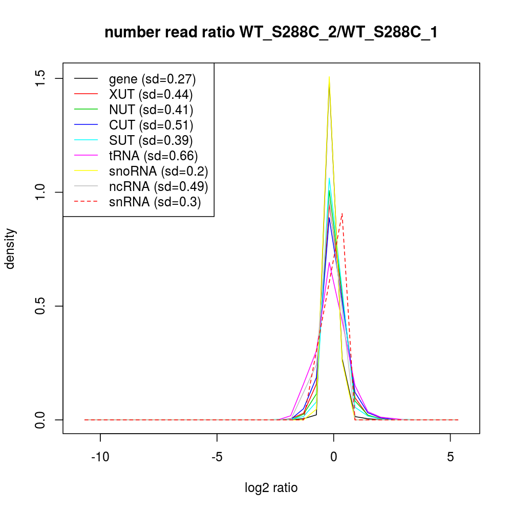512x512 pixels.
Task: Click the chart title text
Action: click(x=271, y=33)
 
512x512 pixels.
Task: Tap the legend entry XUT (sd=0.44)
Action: click(x=151, y=94)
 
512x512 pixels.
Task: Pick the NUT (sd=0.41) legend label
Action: click(x=151, y=110)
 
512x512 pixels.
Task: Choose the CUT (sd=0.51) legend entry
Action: click(x=151, y=125)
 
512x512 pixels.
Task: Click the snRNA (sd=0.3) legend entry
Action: click(x=155, y=202)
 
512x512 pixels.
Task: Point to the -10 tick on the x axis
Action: click(x=100, y=456)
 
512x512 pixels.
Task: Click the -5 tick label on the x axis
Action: click(x=217, y=456)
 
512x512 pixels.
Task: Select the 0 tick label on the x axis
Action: click(x=334, y=456)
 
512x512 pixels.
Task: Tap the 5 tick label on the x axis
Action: click(x=451, y=456)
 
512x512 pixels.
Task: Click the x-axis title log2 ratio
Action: click(x=271, y=487)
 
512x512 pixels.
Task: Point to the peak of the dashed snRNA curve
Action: click(x=342, y=213)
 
